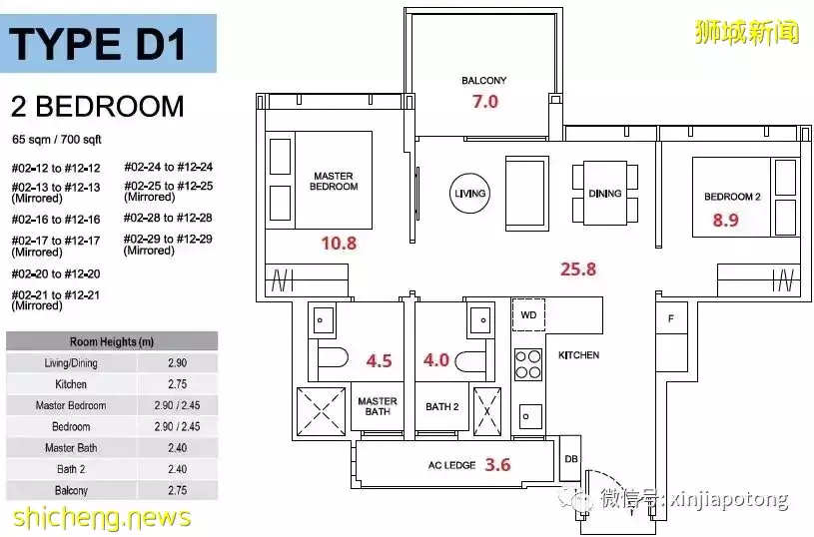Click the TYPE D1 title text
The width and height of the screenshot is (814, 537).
point(97,44)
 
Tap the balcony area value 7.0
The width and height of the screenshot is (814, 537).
point(484,101)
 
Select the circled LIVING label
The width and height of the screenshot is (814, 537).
point(469,194)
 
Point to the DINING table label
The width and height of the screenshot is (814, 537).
point(605,193)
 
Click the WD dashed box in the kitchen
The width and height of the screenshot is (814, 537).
point(528,314)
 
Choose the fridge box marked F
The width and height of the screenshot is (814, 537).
point(671,318)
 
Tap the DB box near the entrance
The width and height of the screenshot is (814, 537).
point(570,459)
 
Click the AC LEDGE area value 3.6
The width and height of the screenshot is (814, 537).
point(497,464)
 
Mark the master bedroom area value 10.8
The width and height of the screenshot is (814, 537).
point(339,243)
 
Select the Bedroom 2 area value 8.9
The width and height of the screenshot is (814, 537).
point(725,220)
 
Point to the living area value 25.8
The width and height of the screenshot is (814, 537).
point(578,268)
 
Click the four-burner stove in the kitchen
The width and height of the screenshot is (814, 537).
point(528,364)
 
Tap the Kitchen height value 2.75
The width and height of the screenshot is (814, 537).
point(178,384)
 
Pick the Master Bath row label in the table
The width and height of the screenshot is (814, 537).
point(71,448)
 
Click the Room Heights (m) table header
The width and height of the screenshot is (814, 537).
point(112,341)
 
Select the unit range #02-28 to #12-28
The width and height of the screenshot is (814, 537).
point(168,218)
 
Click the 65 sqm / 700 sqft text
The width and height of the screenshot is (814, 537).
point(57,140)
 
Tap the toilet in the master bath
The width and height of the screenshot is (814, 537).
point(333,359)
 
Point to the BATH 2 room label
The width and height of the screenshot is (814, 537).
point(442,407)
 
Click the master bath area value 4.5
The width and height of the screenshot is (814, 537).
point(379,360)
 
